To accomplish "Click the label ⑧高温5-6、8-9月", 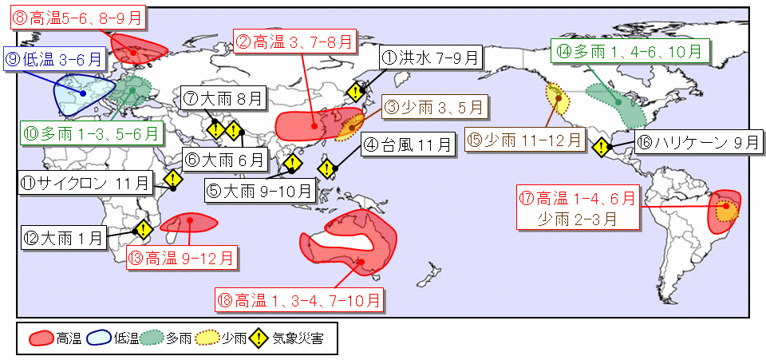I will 70,18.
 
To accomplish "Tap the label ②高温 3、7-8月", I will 293,42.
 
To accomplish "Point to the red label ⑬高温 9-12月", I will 182,257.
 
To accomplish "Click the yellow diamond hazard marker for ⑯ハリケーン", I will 601,146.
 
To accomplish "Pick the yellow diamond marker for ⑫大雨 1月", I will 144,230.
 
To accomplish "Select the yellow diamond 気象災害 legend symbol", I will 258,338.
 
